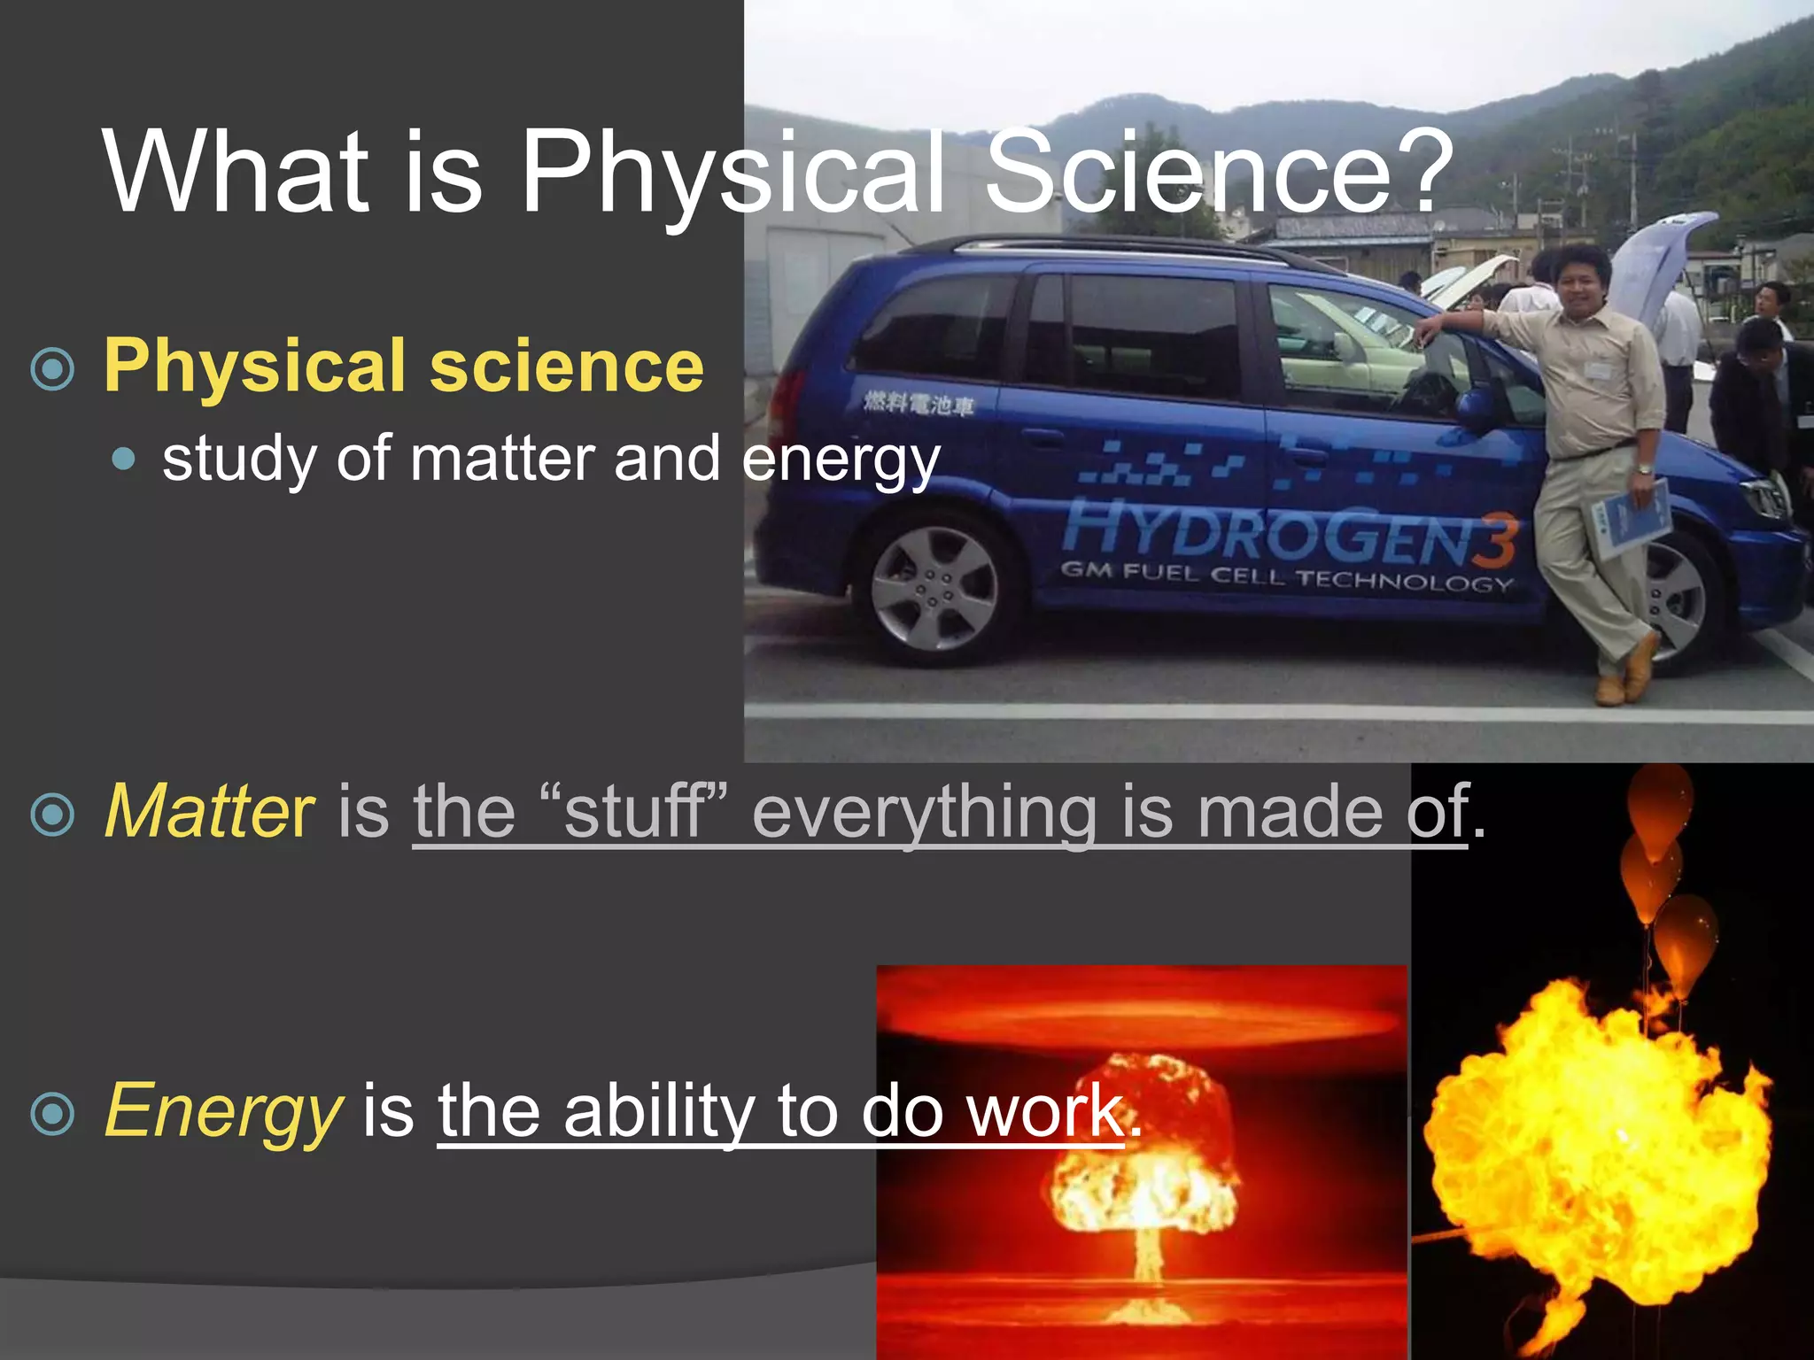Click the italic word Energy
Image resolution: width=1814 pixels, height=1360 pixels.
[x=222, y=1111]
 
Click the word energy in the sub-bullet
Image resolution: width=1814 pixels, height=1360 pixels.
[x=841, y=460]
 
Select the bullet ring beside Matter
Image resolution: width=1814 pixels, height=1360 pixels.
[x=52, y=815]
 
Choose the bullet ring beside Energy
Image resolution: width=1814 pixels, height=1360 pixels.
[x=52, y=1114]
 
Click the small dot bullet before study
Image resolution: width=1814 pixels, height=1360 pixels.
[x=125, y=459]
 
